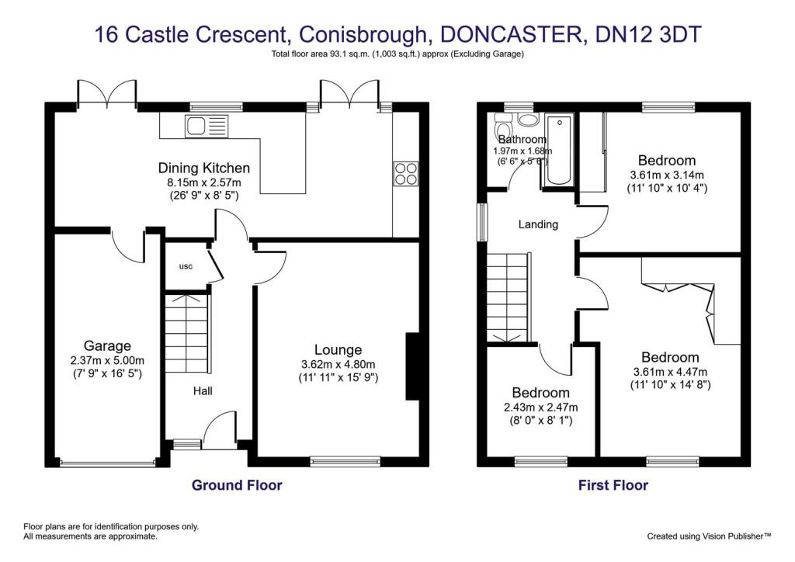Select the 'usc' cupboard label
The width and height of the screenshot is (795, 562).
(x=186, y=266)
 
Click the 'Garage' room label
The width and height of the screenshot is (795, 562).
(x=107, y=346)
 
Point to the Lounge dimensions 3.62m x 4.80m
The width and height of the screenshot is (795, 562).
(x=338, y=365)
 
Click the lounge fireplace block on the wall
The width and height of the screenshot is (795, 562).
(x=411, y=367)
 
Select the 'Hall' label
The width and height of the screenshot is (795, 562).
(x=203, y=391)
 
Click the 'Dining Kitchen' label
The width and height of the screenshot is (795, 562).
(x=204, y=168)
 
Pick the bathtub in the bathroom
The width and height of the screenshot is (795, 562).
(x=558, y=151)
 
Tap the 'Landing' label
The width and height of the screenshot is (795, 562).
(x=538, y=224)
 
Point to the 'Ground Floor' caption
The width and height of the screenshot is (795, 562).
(x=237, y=485)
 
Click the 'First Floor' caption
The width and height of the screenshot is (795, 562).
(x=613, y=485)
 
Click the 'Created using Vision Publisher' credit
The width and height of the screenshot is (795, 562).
(x=709, y=536)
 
